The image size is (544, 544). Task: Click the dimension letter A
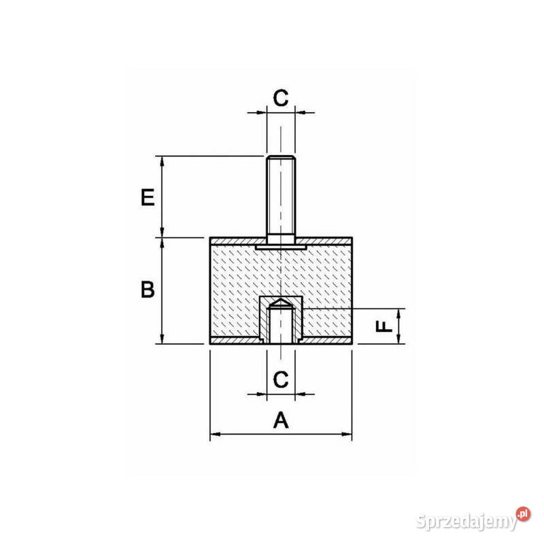coord(281,421)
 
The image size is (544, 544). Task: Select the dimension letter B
coord(148,290)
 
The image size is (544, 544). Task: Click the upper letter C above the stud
coord(281,97)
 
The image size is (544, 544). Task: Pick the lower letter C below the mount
coord(281,379)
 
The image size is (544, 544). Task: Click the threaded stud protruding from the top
coord(280,197)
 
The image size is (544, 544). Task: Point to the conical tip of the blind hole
coord(280,302)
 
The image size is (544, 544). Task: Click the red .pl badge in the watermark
coord(523,514)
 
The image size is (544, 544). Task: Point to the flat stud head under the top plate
coord(280,248)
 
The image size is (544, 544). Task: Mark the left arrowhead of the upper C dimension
coord(261,112)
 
